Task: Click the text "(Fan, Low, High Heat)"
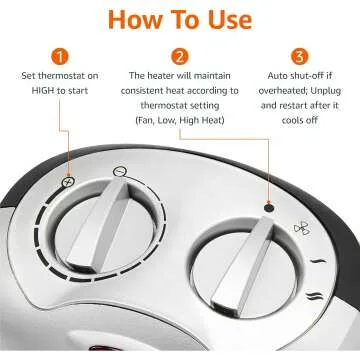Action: click(x=180, y=121)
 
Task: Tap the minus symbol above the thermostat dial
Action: click(x=120, y=171)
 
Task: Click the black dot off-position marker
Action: click(x=268, y=181)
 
